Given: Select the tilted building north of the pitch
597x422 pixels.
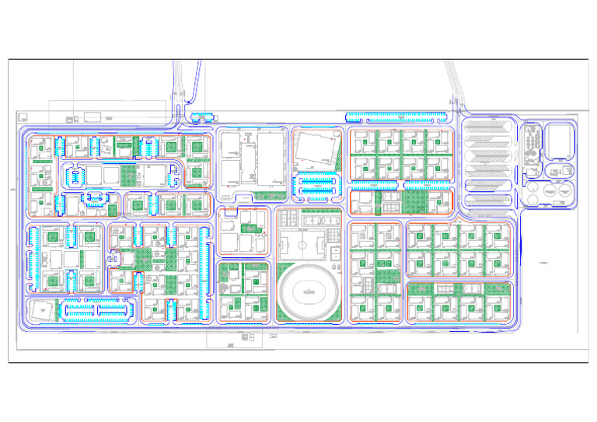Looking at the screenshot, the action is tap(317, 149).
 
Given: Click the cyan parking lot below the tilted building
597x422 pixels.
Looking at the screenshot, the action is tap(319, 185).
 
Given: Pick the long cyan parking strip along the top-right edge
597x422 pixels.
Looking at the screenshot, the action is tap(396, 118).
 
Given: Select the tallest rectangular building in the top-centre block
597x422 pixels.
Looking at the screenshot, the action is tap(270, 160).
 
